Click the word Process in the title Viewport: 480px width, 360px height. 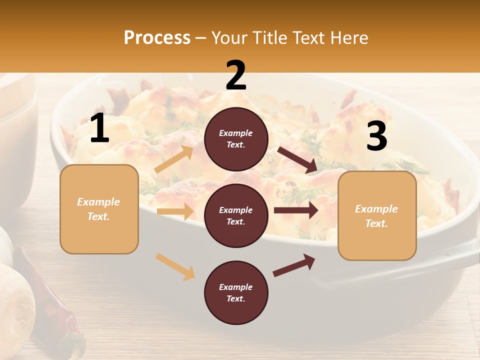point(157,38)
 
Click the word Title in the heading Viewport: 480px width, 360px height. point(269,38)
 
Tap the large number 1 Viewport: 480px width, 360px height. point(99,129)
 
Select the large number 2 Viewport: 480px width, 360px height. point(236,75)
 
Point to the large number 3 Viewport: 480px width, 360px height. point(376,136)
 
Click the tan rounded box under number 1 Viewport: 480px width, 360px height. point(99,209)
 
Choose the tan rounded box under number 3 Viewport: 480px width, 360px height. point(377,216)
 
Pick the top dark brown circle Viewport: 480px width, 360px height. point(236,139)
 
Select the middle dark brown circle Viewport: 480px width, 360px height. point(236,215)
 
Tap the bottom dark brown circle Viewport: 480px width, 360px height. point(236,292)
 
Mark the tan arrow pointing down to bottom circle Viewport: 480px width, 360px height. point(175,266)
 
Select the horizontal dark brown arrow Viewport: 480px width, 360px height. point(295,210)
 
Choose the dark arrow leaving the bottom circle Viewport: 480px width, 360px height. point(293,265)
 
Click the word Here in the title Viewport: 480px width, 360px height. point(350,38)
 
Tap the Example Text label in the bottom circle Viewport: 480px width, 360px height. point(236,292)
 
